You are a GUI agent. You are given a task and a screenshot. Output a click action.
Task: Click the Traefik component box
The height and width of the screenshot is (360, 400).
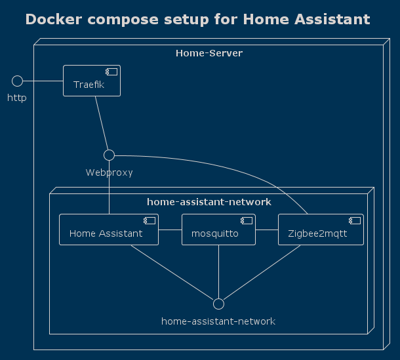(x=92, y=81)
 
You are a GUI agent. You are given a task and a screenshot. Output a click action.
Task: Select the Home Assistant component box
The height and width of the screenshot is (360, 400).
(x=109, y=230)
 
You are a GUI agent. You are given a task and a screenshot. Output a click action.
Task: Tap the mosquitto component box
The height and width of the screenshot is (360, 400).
(x=218, y=230)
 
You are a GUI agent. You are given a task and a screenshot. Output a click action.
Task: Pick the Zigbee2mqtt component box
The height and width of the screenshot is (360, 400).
(x=321, y=230)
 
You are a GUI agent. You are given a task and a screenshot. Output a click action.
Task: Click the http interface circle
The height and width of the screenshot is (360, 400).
(x=17, y=81)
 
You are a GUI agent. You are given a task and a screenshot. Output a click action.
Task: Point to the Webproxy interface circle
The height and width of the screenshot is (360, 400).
(x=110, y=155)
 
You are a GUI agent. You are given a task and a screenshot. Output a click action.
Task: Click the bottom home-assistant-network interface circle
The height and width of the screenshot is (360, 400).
(x=218, y=304)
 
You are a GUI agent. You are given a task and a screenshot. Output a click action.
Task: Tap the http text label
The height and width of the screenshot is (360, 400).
(x=17, y=98)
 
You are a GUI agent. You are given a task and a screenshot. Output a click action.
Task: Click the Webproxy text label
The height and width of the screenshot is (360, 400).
(x=110, y=172)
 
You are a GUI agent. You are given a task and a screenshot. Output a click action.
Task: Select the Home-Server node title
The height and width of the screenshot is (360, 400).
(x=209, y=53)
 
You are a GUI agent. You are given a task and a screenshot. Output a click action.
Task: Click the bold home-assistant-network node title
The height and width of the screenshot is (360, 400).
(x=209, y=202)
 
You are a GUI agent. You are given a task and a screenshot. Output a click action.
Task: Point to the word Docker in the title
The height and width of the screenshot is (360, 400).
(x=54, y=20)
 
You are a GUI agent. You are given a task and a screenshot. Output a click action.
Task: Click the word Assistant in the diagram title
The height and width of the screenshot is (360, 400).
(x=332, y=20)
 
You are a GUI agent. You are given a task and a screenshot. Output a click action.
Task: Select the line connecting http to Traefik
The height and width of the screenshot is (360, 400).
(x=43, y=81)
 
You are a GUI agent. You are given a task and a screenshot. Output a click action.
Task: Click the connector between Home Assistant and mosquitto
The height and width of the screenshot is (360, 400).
(x=170, y=230)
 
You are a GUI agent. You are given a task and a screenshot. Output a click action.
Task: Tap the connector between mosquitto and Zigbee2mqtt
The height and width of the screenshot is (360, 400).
(x=267, y=230)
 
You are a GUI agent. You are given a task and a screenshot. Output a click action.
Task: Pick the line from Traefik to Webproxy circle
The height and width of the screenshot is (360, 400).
(x=102, y=123)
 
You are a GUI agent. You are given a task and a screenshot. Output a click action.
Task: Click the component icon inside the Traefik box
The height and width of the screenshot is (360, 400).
(x=111, y=72)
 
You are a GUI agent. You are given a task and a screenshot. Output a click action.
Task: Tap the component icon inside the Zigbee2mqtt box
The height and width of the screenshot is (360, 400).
(x=355, y=221)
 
